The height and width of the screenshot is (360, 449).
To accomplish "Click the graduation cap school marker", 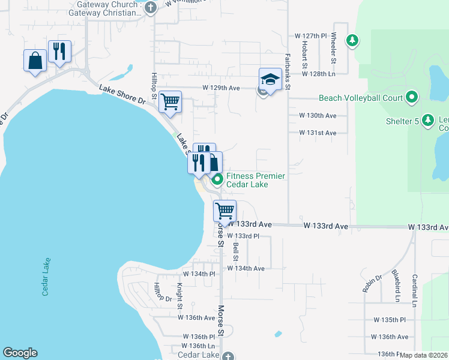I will coord(270,80).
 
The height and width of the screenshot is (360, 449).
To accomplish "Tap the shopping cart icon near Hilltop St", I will coord(170,101).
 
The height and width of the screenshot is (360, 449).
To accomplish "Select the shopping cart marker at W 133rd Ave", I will coord(224,211).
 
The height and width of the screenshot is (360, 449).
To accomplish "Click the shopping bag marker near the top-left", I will coord(35,61).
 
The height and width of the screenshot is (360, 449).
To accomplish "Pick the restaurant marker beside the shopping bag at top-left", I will coord(59,52).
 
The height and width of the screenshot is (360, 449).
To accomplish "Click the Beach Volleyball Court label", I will coord(360,98).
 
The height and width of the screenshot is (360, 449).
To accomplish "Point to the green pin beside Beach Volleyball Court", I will coord(412,97).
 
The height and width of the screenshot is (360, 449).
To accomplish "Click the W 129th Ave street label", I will coord(221,88).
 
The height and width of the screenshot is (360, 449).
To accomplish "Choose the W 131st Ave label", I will coord(318,133).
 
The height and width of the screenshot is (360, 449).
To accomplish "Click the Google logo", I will coord(20,353).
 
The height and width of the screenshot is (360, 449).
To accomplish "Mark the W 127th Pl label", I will coord(307,36).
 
